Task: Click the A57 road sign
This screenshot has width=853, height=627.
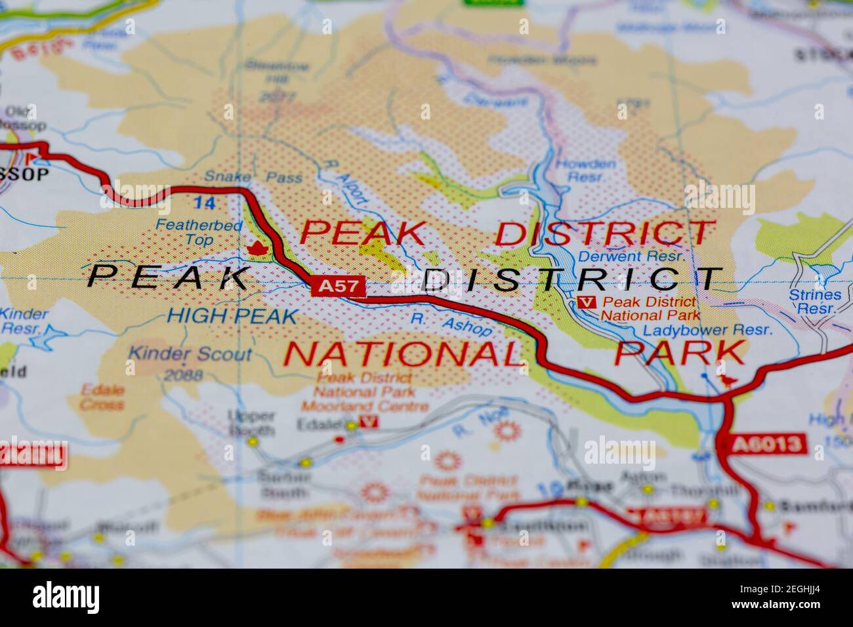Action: click(x=338, y=286)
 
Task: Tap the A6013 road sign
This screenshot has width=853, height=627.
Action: click(x=766, y=444)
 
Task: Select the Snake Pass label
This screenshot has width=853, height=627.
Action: click(x=253, y=177)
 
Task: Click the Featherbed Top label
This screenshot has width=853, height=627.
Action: click(x=190, y=233)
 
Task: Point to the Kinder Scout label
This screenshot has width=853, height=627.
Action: click(x=190, y=354)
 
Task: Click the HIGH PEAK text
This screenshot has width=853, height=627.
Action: click(x=232, y=316)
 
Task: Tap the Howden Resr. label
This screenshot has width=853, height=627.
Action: click(x=585, y=171)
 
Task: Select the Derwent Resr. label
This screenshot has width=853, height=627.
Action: click(x=631, y=256)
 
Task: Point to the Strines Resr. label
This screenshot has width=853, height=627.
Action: click(x=814, y=301)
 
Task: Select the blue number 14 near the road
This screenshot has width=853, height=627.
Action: click(x=205, y=203)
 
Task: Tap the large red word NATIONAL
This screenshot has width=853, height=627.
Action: click(x=403, y=354)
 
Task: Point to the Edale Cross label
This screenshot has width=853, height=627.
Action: click(x=102, y=397)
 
